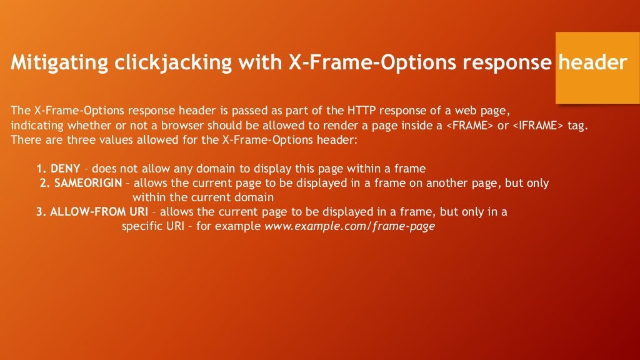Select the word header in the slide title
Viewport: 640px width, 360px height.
(592, 63)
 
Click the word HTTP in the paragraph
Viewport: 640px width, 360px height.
(357, 111)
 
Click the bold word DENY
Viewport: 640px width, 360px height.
(65, 169)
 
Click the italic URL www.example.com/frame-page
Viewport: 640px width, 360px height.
(350, 226)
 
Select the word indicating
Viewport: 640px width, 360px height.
(35, 126)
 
